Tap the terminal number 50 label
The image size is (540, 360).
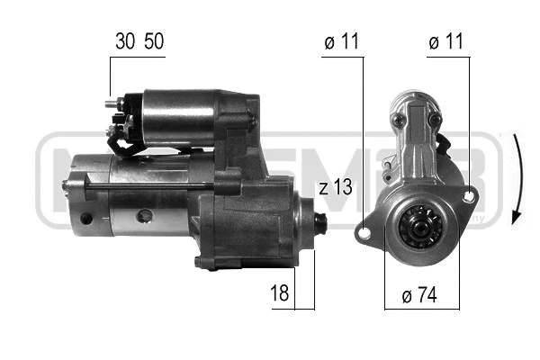(154, 41)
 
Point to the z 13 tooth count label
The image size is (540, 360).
(335, 188)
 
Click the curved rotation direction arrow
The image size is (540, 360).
(517, 180)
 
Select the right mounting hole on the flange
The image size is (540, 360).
(469, 194)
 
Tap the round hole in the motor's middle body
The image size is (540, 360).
(142, 217)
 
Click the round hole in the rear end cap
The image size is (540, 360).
(85, 219)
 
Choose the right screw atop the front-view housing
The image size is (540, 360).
(435, 119)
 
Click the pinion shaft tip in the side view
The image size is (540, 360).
(322, 220)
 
